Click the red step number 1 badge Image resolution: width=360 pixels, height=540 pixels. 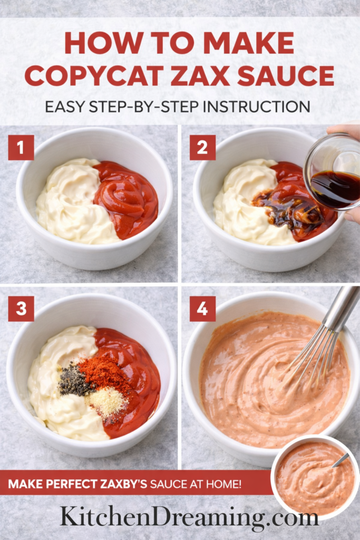click(21, 148)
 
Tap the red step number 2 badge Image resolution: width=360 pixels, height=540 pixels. click(202, 148)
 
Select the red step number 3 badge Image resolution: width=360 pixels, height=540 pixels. click(21, 309)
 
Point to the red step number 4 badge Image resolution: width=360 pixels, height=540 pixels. click(202, 309)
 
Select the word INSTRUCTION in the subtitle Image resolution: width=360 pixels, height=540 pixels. click(257, 106)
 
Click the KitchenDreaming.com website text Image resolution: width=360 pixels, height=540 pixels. click(189, 517)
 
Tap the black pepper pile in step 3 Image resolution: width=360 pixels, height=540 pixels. click(75, 381)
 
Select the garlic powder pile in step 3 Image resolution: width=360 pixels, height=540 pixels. click(107, 402)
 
